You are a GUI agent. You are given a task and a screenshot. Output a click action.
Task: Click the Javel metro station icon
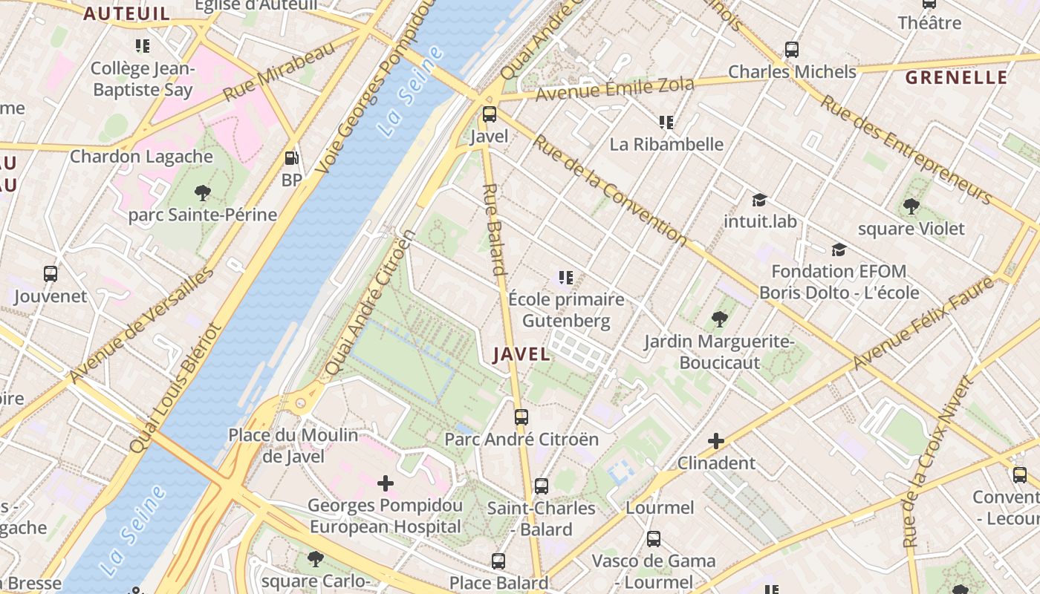point(490,114)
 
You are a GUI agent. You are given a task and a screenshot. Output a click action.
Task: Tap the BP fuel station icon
point(292,158)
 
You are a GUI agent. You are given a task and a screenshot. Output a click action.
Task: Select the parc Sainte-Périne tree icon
point(202,193)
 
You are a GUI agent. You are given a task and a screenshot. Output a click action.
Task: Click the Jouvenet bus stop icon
point(51,274)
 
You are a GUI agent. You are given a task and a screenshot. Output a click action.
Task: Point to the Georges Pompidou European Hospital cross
point(386,483)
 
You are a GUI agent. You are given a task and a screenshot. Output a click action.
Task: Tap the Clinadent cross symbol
point(716,442)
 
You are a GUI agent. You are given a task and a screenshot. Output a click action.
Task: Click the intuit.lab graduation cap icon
point(759,200)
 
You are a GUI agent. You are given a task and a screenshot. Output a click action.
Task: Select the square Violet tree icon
point(911,206)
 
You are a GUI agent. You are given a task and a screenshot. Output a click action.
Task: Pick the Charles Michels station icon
point(792,50)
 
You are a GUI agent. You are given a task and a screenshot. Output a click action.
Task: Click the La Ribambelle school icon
point(666,122)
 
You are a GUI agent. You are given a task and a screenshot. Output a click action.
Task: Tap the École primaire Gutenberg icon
point(566,278)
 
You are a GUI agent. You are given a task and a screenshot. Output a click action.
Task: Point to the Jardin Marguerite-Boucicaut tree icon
point(719,320)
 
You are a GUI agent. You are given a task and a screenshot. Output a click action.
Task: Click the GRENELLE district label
point(957,78)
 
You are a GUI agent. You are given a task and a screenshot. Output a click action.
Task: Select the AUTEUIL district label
point(126,13)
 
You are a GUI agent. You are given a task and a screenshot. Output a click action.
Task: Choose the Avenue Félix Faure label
point(923,324)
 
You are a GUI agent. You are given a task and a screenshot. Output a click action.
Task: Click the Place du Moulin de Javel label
point(293,446)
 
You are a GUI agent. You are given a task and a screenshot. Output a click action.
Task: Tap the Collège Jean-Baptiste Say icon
point(143,46)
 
